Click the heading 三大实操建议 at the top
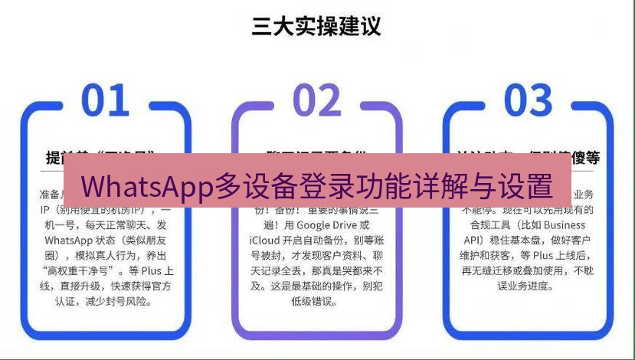316,27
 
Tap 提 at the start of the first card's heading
54,158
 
